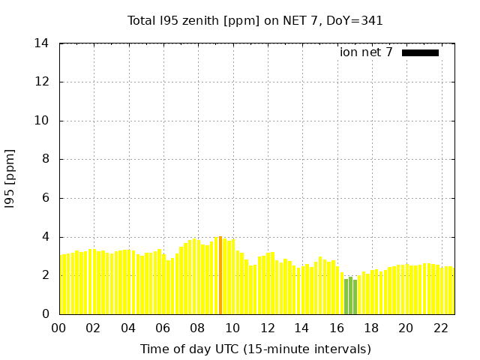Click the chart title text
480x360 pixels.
click(255, 21)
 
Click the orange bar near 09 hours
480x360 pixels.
click(220, 275)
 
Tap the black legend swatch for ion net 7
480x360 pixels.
click(420, 52)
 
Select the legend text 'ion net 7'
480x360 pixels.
click(366, 52)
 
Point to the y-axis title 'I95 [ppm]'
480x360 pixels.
click(10, 178)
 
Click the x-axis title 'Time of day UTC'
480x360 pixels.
click(255, 349)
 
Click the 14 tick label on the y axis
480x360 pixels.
click(42, 43)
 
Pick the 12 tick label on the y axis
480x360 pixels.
click(42, 82)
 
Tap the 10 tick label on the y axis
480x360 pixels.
click(42, 121)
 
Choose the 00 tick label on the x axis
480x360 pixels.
click(59, 328)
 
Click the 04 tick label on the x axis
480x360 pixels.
click(128, 328)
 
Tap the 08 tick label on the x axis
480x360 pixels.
click(197, 328)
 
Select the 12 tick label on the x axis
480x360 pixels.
click(267, 328)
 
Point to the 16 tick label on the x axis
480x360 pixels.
click(336, 328)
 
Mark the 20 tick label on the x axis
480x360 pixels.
click(406, 328)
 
